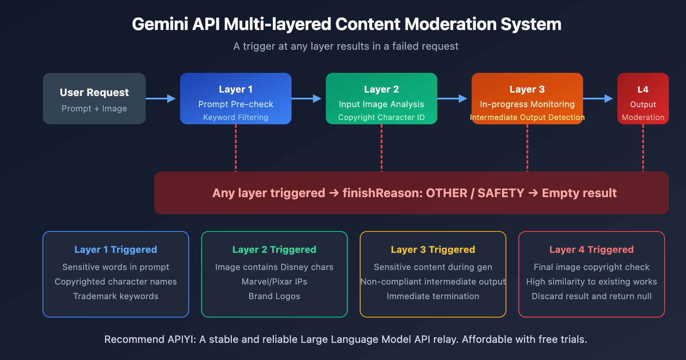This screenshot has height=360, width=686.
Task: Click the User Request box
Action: (94, 99)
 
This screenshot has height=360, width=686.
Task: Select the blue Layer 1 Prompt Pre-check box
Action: (236, 99)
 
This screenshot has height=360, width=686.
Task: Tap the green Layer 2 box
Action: (382, 99)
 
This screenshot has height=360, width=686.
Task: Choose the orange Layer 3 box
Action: (527, 99)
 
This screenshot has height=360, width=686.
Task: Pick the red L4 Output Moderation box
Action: (643, 99)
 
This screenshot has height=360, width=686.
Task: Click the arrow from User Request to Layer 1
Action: (161, 99)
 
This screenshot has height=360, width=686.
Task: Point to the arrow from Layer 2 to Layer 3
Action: (452, 99)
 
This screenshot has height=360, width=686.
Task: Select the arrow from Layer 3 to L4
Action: (598, 99)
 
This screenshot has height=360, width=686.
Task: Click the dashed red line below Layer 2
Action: (382, 148)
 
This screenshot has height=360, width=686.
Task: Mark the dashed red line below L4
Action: (643, 148)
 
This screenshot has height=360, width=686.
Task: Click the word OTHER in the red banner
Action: (446, 193)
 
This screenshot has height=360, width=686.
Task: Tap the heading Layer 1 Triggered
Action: (116, 249)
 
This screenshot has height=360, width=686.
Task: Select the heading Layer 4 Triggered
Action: (592, 249)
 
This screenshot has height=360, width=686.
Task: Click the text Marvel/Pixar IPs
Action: (274, 282)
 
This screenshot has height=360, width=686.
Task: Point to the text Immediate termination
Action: (433, 296)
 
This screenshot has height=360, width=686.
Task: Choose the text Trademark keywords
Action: (116, 296)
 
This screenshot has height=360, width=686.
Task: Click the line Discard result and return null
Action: (592, 296)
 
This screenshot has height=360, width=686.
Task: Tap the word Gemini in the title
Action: (160, 24)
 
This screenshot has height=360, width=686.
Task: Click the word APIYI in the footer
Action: (181, 339)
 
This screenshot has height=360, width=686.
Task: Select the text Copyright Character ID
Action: (382, 117)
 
